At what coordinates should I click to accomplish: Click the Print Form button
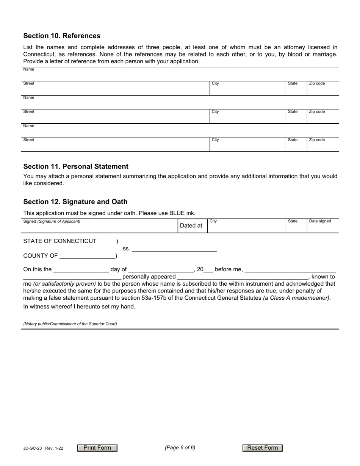click(97, 448)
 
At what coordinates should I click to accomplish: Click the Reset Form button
click(262, 448)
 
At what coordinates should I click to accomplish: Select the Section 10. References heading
click(62, 36)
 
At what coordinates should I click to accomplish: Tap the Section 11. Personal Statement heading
click(76, 167)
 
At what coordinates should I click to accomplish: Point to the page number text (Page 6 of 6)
click(180, 447)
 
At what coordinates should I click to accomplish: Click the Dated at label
click(191, 226)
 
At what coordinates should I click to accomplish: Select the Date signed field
click(322, 227)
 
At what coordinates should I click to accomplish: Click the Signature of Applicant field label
click(52, 221)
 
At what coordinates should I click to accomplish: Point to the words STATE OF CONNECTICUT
click(60, 241)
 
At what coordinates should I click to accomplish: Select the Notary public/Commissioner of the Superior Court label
click(70, 324)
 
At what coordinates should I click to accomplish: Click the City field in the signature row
click(246, 227)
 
